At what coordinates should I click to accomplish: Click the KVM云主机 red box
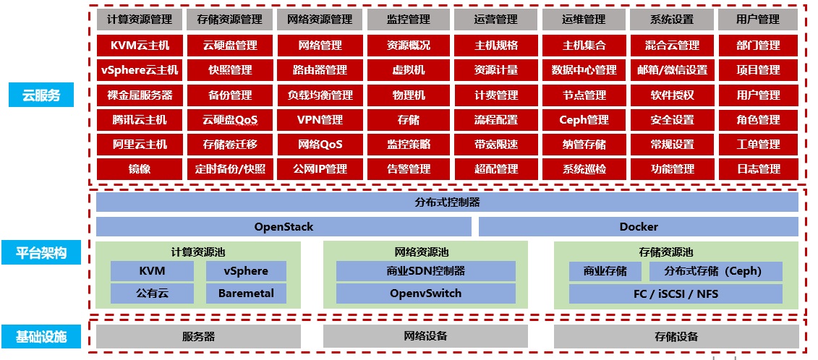click(140, 46)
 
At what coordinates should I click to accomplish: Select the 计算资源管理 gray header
click(140, 20)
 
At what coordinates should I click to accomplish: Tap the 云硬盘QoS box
click(230, 120)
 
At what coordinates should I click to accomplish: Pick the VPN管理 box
click(320, 120)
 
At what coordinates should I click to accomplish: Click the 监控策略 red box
click(409, 145)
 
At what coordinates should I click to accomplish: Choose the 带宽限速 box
click(496, 145)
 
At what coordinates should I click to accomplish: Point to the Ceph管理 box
click(584, 120)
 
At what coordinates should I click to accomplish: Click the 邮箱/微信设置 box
click(672, 70)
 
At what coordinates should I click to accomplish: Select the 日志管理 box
click(759, 169)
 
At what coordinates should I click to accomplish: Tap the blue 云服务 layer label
click(41, 95)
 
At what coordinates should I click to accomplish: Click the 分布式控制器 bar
click(447, 202)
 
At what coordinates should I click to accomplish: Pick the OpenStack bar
click(284, 227)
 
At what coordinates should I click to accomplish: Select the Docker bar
click(639, 227)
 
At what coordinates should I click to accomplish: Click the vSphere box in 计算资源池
click(246, 271)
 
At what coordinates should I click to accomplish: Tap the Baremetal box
click(246, 293)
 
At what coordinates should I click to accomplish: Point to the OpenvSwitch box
click(425, 293)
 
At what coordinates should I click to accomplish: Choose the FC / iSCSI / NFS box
click(676, 294)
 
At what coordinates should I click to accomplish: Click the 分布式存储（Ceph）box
click(715, 271)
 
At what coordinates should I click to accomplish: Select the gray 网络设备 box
click(425, 336)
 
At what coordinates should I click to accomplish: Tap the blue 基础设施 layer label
click(41, 336)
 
